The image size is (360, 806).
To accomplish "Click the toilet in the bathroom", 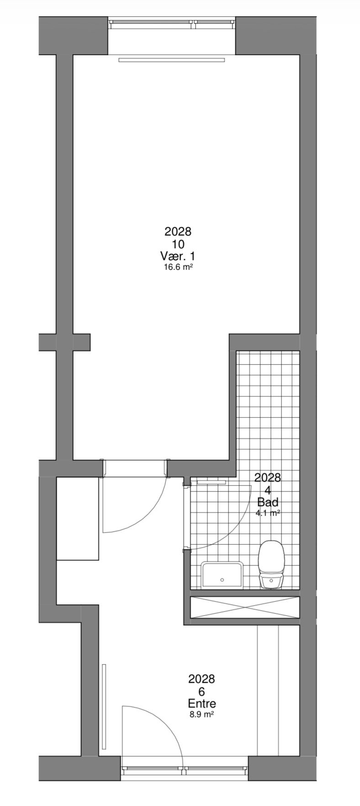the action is pos(272,565).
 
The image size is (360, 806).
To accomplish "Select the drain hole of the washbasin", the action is pos(222,579).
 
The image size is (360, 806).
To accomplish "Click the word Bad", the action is pos(267,502).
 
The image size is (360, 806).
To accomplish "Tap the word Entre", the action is pos(201,703).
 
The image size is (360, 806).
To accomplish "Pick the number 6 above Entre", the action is pos(201,691).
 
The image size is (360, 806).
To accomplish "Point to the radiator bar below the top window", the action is pos(172,60).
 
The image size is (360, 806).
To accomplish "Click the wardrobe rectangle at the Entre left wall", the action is pos(78,518).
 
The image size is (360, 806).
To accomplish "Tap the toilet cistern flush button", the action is pos(272,581).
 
